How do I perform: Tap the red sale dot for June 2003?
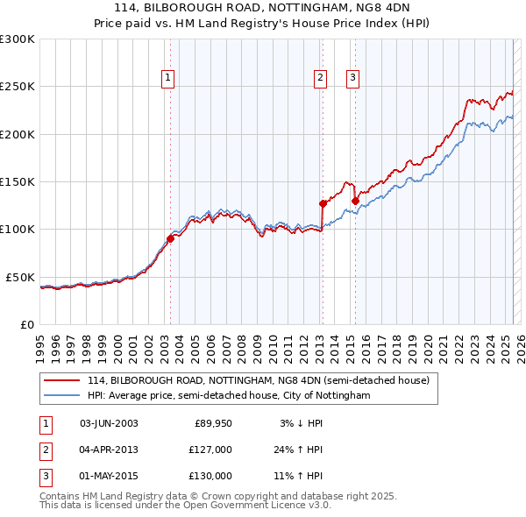pos(170,239)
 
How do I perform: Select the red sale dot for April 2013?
pos(323,204)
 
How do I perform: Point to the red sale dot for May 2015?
pos(355,201)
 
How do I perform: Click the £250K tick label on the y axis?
pos(18,87)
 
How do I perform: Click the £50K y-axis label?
pos(21,277)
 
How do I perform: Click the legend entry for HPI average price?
pos(229,396)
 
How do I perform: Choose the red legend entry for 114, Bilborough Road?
pos(259,381)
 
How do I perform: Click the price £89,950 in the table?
pos(213,424)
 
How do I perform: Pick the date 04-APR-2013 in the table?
pos(109,450)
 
